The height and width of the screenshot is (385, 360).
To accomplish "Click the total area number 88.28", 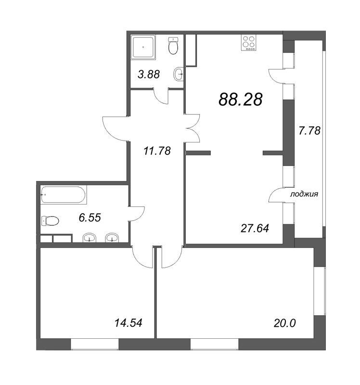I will click(x=240, y=100).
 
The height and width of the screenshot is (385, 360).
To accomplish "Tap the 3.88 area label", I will click(x=149, y=75).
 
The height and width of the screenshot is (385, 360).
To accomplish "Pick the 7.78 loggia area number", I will click(x=309, y=130).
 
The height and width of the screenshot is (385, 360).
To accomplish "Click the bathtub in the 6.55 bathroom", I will click(x=64, y=195).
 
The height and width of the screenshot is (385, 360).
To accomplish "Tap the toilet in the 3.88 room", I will click(x=173, y=46).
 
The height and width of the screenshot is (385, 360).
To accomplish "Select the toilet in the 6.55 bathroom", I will click(x=50, y=221).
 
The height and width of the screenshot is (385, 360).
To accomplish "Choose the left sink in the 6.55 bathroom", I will click(x=90, y=238).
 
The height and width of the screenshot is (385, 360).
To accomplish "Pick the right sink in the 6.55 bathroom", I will click(x=112, y=238).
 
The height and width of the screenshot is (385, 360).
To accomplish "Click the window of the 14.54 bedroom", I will click(x=94, y=344).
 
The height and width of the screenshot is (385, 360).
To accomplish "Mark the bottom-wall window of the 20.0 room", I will click(x=215, y=344).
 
